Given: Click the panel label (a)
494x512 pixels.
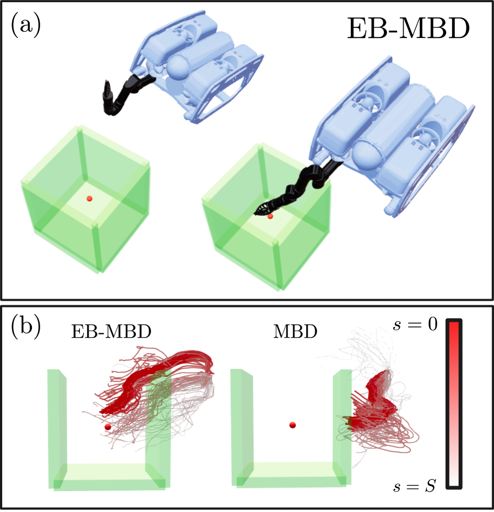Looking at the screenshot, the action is tap(26, 25).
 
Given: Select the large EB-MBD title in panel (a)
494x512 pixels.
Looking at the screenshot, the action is tap(408, 29).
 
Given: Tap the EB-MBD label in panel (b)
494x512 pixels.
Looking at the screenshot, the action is tap(111, 332).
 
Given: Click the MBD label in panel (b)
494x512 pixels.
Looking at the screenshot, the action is tap(295, 332).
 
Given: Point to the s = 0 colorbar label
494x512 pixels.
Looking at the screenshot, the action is tap(415, 324).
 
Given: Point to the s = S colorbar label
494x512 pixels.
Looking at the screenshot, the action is tap(415, 486).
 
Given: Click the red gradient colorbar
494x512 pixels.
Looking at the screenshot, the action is tap(454, 404).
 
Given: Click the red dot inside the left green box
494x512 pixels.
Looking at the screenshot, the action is tap(89, 198).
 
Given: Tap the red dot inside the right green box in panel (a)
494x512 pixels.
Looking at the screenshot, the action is tap(270, 216).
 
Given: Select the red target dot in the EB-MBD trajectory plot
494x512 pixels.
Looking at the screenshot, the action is tap(108, 426).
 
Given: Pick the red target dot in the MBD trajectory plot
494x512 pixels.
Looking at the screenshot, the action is tap(292, 425).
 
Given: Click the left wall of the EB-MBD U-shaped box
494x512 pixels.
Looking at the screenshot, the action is tap(57, 428).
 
